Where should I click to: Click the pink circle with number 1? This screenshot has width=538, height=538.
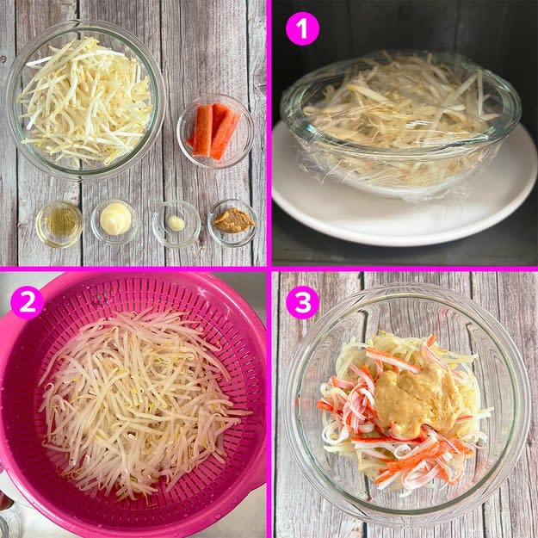coord(302,28)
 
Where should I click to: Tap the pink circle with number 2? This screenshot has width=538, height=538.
coord(27,302)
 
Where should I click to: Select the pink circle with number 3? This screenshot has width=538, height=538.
coord(302,302)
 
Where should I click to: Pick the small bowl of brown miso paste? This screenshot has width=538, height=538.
coord(232,222)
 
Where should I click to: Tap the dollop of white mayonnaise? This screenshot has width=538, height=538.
coord(115,219)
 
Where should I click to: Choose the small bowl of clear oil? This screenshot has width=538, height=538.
coord(59,224)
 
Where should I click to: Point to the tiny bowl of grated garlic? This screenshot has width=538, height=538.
coord(176,223)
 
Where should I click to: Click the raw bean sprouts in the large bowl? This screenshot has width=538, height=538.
coord(84,102)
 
